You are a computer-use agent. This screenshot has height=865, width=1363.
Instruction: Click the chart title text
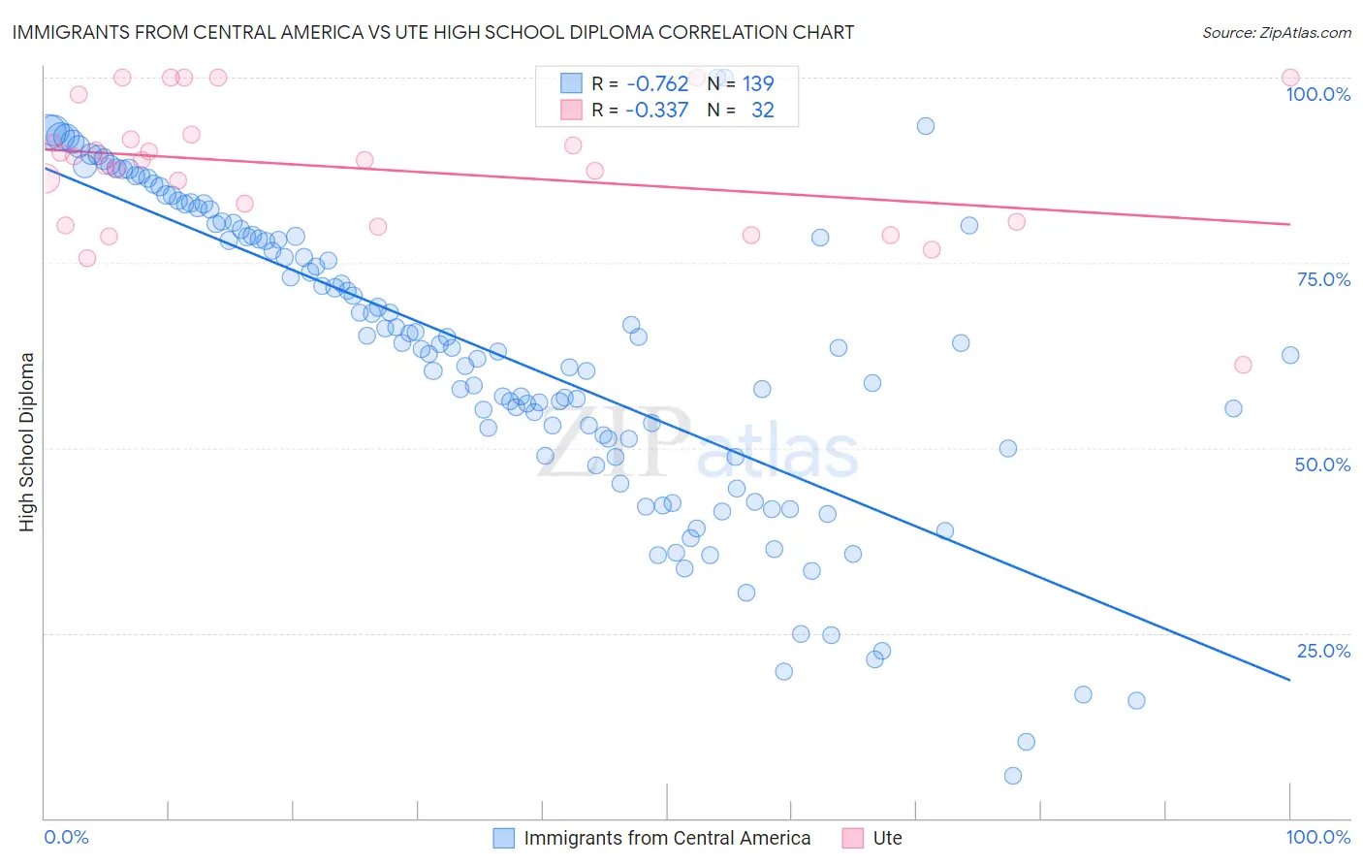point(432,32)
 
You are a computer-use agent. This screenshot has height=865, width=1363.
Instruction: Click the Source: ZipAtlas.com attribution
point(1276,32)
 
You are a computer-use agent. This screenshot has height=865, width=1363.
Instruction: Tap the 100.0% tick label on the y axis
point(1317,94)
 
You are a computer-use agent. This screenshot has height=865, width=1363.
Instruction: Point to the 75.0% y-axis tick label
point(1323,279)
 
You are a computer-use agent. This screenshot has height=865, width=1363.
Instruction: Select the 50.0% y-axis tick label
point(1322,465)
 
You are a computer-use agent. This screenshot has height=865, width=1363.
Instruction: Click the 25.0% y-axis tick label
point(1323,650)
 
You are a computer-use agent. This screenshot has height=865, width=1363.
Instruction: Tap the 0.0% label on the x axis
point(66,837)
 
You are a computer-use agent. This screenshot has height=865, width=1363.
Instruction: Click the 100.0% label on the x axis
point(1317,837)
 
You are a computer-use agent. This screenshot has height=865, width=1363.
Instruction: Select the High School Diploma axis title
point(27,441)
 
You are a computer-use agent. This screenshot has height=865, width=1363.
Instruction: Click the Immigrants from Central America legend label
point(667,838)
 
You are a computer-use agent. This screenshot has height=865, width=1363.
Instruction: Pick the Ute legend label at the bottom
point(887,838)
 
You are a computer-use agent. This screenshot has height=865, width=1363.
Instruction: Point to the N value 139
point(758,84)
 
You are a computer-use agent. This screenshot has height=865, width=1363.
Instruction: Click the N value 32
point(763,111)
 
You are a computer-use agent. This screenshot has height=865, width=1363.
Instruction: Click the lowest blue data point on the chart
point(1013,776)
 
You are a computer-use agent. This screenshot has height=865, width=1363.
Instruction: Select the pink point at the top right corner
point(1290,78)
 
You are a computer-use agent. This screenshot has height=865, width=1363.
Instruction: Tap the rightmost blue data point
point(1290,355)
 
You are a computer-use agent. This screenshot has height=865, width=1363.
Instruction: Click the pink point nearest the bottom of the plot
point(1243,365)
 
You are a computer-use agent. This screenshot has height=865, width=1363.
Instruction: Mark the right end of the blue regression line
point(1290,681)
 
